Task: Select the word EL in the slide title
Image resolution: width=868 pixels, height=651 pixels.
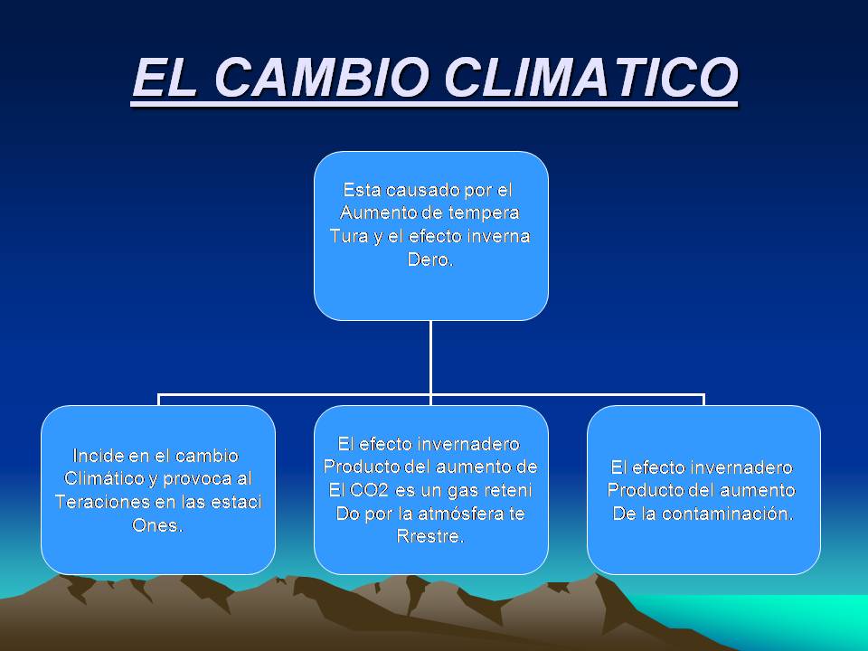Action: point(168,79)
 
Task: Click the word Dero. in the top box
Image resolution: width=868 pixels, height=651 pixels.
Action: point(430,258)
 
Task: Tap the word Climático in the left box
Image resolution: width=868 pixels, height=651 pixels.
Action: point(106,477)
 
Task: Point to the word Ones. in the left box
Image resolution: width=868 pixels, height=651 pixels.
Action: point(157,524)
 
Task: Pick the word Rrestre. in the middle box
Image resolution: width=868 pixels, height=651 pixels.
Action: point(430,535)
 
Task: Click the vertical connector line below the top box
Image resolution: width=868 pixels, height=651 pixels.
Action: point(430,357)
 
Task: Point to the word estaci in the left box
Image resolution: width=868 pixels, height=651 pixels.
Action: point(232,502)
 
